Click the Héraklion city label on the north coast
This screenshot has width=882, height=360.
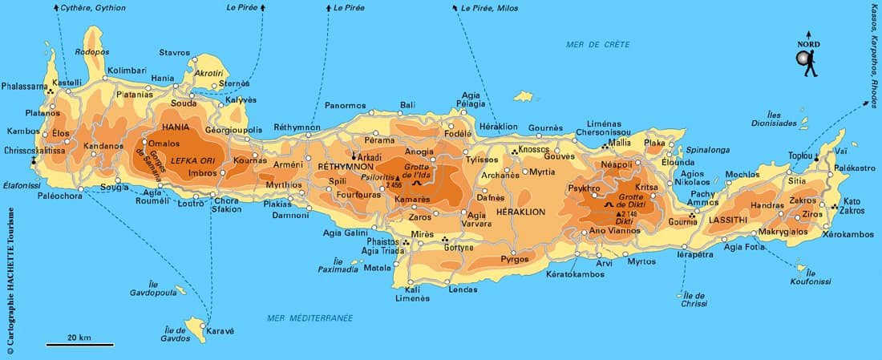click(498, 127)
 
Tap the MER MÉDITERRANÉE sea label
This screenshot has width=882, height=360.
click(310, 318)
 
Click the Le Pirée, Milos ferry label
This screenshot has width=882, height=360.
click(489, 8)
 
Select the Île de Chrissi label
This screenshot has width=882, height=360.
click(694, 299)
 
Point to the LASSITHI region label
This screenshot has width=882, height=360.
click(724, 218)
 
